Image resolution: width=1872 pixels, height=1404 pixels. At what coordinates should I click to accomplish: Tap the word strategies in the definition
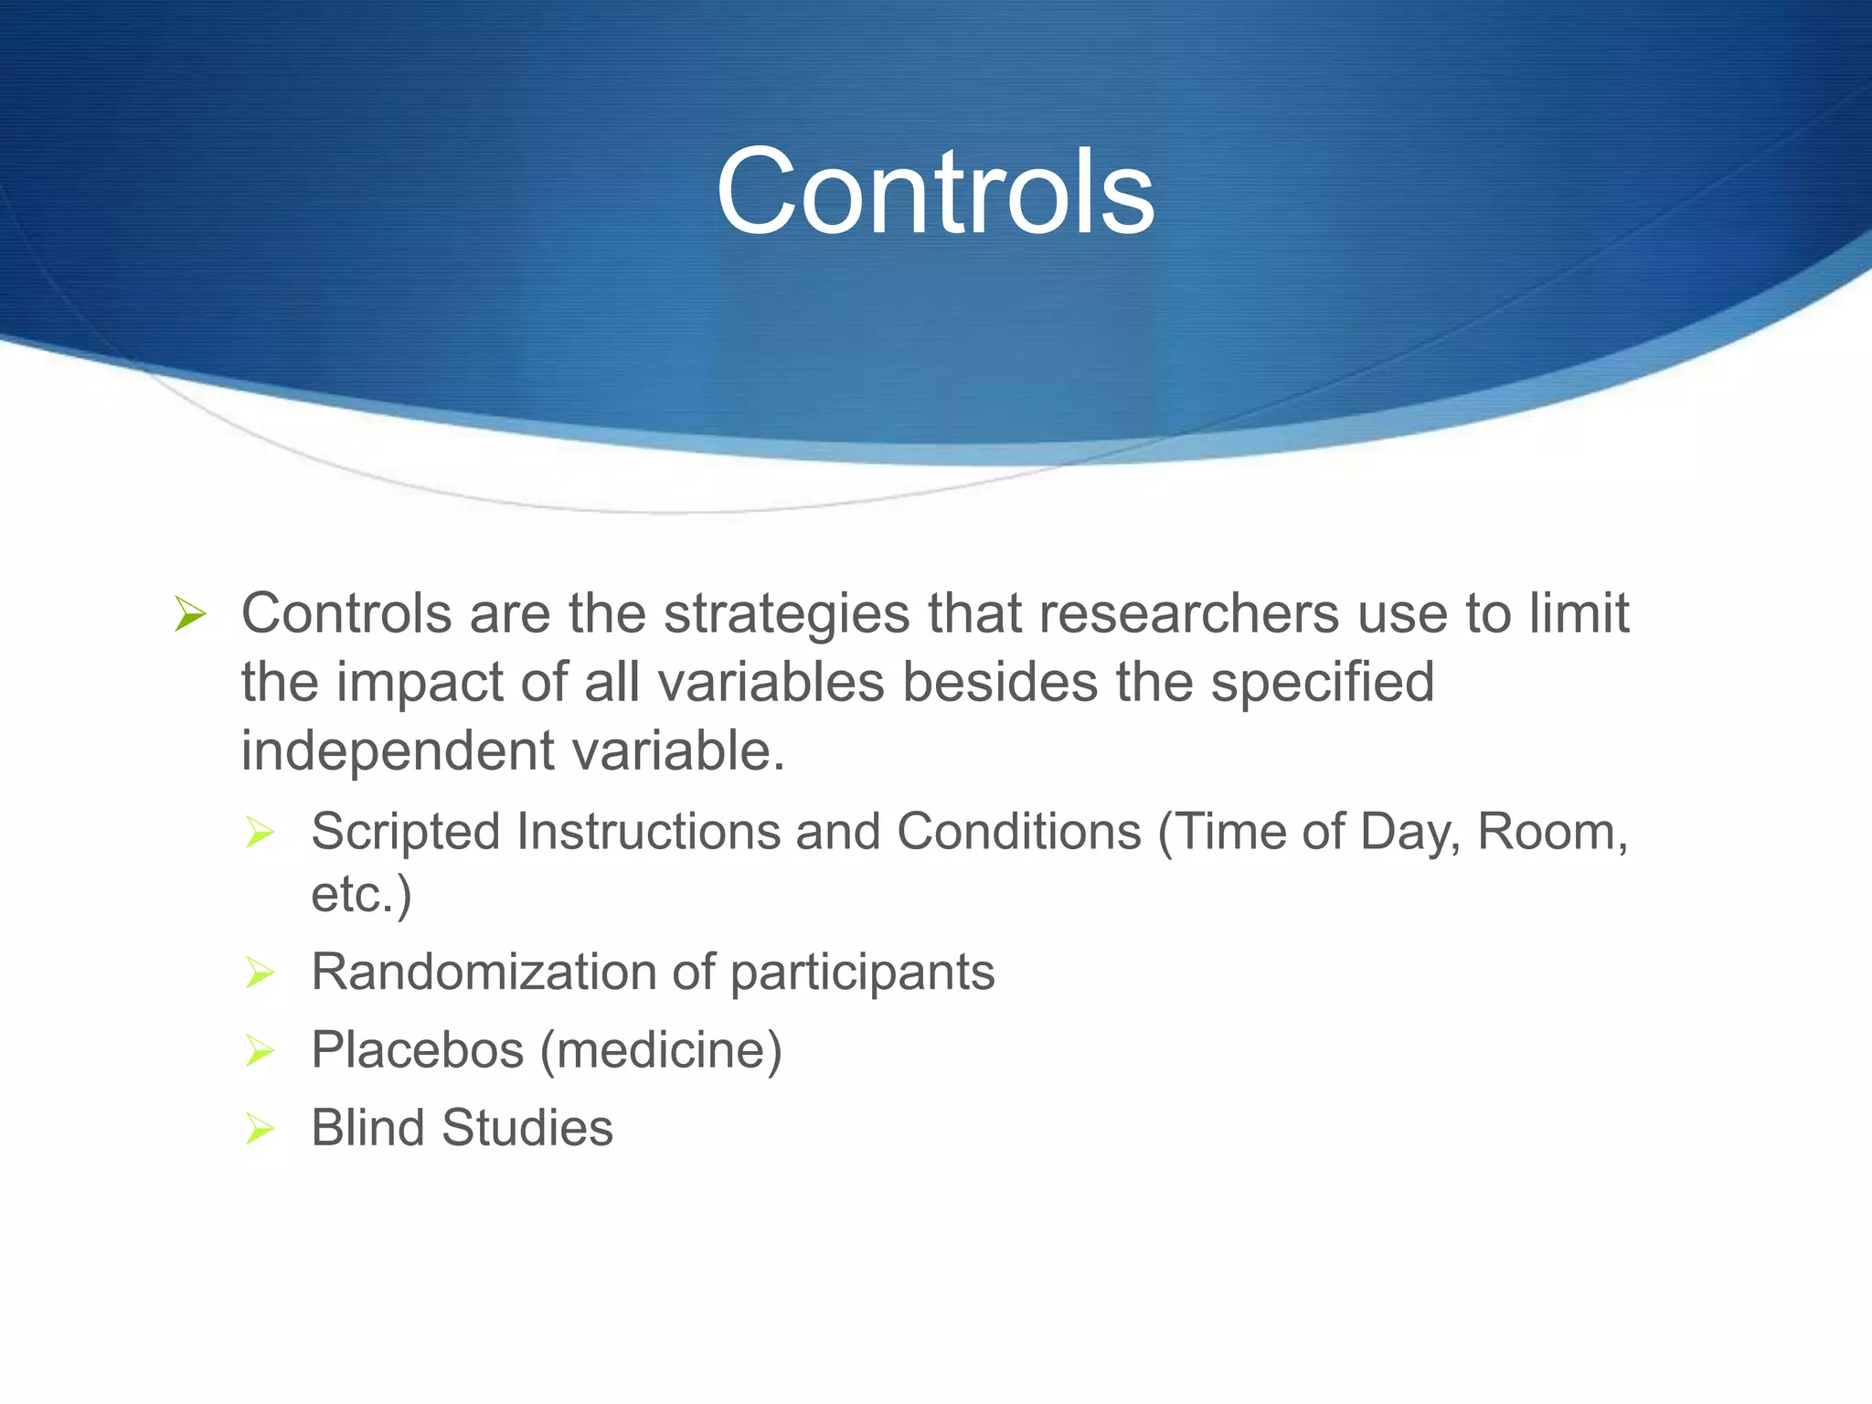click(786, 613)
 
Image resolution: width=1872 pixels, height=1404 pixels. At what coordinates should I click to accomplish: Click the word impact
click(420, 683)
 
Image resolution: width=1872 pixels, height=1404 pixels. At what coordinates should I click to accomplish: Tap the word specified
click(1322, 683)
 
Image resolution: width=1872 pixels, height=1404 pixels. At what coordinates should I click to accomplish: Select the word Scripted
click(406, 833)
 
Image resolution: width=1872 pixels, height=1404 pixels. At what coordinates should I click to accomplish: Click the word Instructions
click(647, 833)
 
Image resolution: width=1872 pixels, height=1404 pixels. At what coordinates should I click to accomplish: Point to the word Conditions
click(1018, 833)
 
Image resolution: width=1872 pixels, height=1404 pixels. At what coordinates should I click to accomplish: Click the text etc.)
click(361, 894)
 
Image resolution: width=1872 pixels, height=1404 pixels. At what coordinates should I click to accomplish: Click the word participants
click(862, 972)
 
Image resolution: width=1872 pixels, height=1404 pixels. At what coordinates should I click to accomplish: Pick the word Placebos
click(417, 1049)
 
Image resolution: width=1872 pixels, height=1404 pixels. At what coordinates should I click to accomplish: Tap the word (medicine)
click(661, 1049)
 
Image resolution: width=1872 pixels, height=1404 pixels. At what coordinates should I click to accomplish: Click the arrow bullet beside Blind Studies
click(260, 1129)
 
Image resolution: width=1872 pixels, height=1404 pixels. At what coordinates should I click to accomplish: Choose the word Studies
click(527, 1128)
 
